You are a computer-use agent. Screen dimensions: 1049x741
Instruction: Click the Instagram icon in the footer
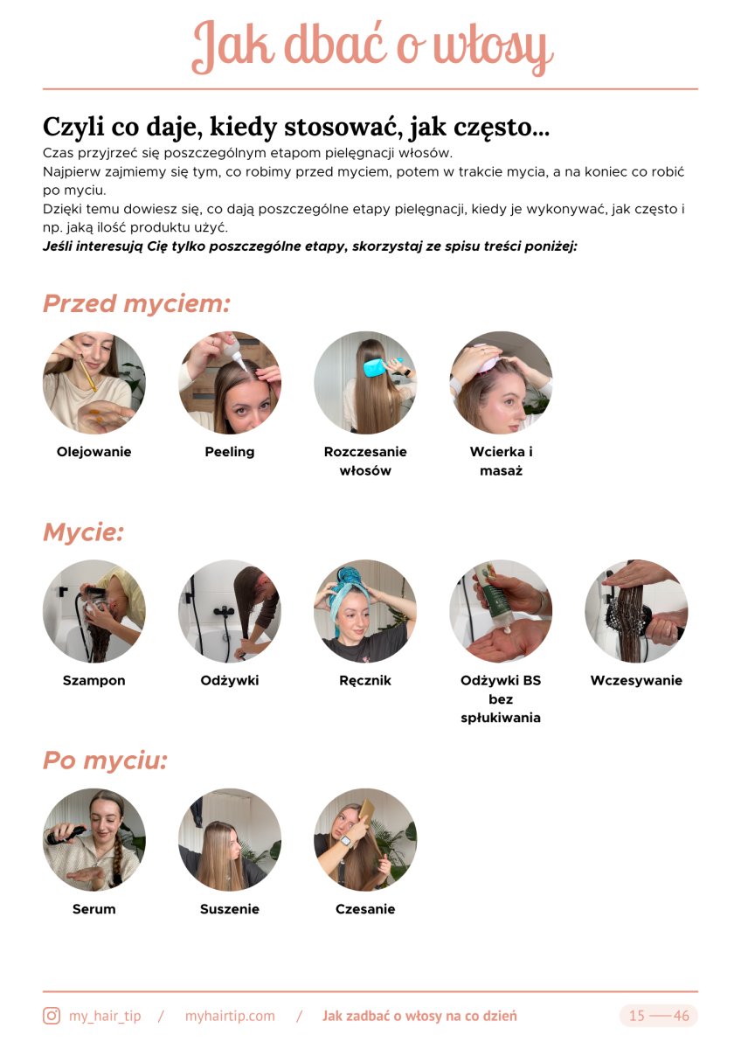(52, 1016)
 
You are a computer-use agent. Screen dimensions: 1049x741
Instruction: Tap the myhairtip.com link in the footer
(230, 1016)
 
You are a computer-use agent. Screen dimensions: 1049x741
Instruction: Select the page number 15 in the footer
(637, 1016)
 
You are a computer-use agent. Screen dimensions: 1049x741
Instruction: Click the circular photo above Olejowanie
(93, 382)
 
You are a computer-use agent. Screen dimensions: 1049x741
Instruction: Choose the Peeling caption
(229, 452)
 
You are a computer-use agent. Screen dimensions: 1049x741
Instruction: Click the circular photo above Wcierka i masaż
(501, 382)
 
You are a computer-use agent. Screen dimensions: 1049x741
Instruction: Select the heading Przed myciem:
(136, 303)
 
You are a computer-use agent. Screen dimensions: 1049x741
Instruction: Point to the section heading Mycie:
(83, 531)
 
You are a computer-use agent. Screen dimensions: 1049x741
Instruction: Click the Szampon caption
(93, 680)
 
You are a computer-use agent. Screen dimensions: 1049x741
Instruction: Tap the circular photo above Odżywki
(229, 611)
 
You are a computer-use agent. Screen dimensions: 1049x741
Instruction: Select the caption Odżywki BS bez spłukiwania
(501, 698)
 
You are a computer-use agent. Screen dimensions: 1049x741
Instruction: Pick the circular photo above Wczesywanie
(636, 611)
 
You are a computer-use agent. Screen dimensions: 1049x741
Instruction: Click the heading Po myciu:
(105, 761)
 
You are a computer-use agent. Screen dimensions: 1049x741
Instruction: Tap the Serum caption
(93, 909)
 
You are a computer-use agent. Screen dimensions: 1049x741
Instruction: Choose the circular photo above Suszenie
(229, 839)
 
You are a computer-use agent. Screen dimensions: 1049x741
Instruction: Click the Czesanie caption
(365, 909)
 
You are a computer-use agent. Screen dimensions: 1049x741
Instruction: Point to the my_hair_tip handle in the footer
(105, 1016)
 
